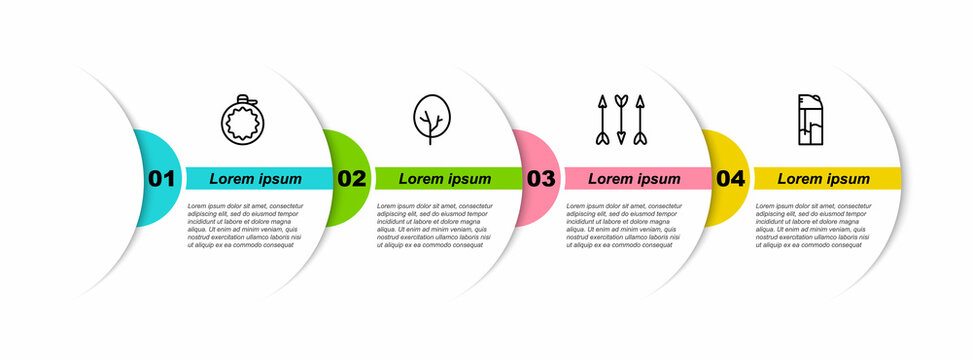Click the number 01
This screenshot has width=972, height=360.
(161, 179)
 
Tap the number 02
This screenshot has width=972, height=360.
(351, 179)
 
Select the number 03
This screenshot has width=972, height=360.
(541, 179)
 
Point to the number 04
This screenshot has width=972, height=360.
(731, 179)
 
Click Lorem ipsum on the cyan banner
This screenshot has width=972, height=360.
(255, 179)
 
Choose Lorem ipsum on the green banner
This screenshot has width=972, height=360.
(445, 179)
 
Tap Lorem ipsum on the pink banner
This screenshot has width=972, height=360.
(634, 179)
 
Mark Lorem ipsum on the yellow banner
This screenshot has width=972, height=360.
(824, 179)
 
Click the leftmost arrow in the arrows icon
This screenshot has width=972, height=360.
(602, 119)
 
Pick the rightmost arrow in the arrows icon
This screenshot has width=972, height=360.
(639, 119)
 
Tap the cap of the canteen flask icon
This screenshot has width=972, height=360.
(250, 99)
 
